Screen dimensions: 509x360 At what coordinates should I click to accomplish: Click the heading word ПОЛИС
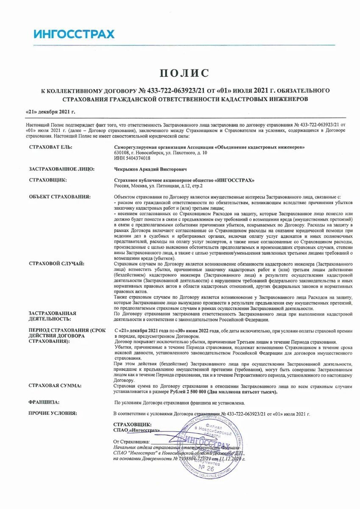point(184,73)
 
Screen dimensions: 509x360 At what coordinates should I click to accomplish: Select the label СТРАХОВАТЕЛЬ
point(50,147)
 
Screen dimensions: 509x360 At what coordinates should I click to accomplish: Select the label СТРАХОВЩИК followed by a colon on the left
point(47,180)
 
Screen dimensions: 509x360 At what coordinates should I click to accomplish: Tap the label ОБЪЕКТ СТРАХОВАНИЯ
point(59,196)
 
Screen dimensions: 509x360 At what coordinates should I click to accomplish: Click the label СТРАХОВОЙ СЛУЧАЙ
point(56,263)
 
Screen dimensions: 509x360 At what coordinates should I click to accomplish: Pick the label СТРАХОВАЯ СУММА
point(55,386)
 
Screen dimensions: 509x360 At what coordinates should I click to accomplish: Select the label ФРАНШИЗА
point(44,402)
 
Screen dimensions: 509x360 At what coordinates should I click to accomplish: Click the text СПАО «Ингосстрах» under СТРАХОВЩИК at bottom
point(137,430)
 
